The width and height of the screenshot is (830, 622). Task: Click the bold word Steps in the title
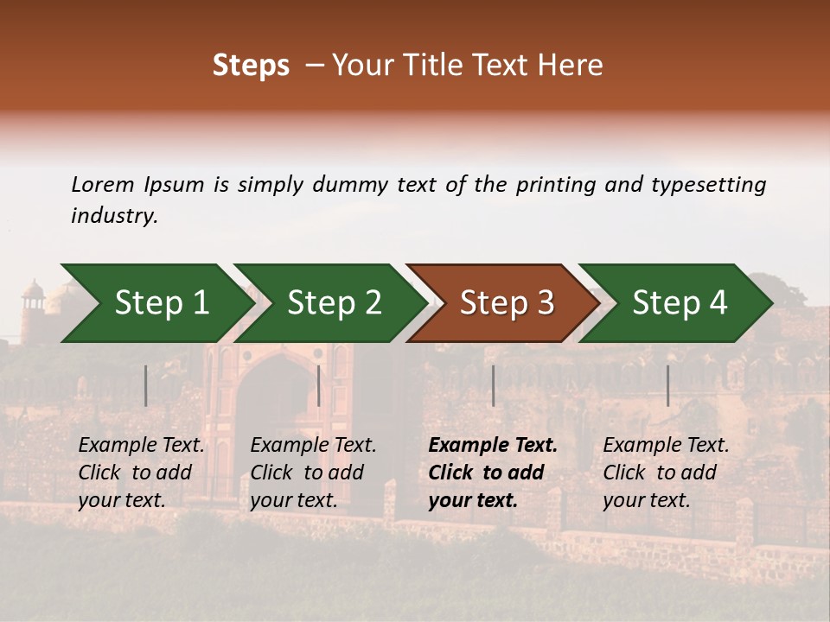pyautogui.click(x=251, y=65)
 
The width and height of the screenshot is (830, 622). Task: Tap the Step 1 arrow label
pyautogui.click(x=162, y=302)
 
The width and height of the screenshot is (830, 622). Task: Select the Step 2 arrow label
pyautogui.click(x=335, y=302)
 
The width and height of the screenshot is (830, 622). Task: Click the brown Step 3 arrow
pyautogui.click(x=507, y=302)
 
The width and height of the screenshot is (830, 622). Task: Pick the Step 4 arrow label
pyautogui.click(x=680, y=302)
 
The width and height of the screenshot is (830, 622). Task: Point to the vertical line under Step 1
pyautogui.click(x=146, y=385)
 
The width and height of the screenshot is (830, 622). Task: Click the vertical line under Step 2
pyautogui.click(x=319, y=385)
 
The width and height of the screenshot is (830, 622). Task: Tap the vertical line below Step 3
pyautogui.click(x=493, y=385)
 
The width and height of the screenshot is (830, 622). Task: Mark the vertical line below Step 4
pyautogui.click(x=667, y=385)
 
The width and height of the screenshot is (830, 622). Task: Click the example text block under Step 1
pyautogui.click(x=141, y=473)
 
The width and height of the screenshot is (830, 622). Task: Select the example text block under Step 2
pyautogui.click(x=313, y=473)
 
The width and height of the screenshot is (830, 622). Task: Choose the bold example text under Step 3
pyautogui.click(x=493, y=473)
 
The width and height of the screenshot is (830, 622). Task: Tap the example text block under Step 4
pyautogui.click(x=666, y=473)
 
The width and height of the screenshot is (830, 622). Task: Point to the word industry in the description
pyautogui.click(x=114, y=216)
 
